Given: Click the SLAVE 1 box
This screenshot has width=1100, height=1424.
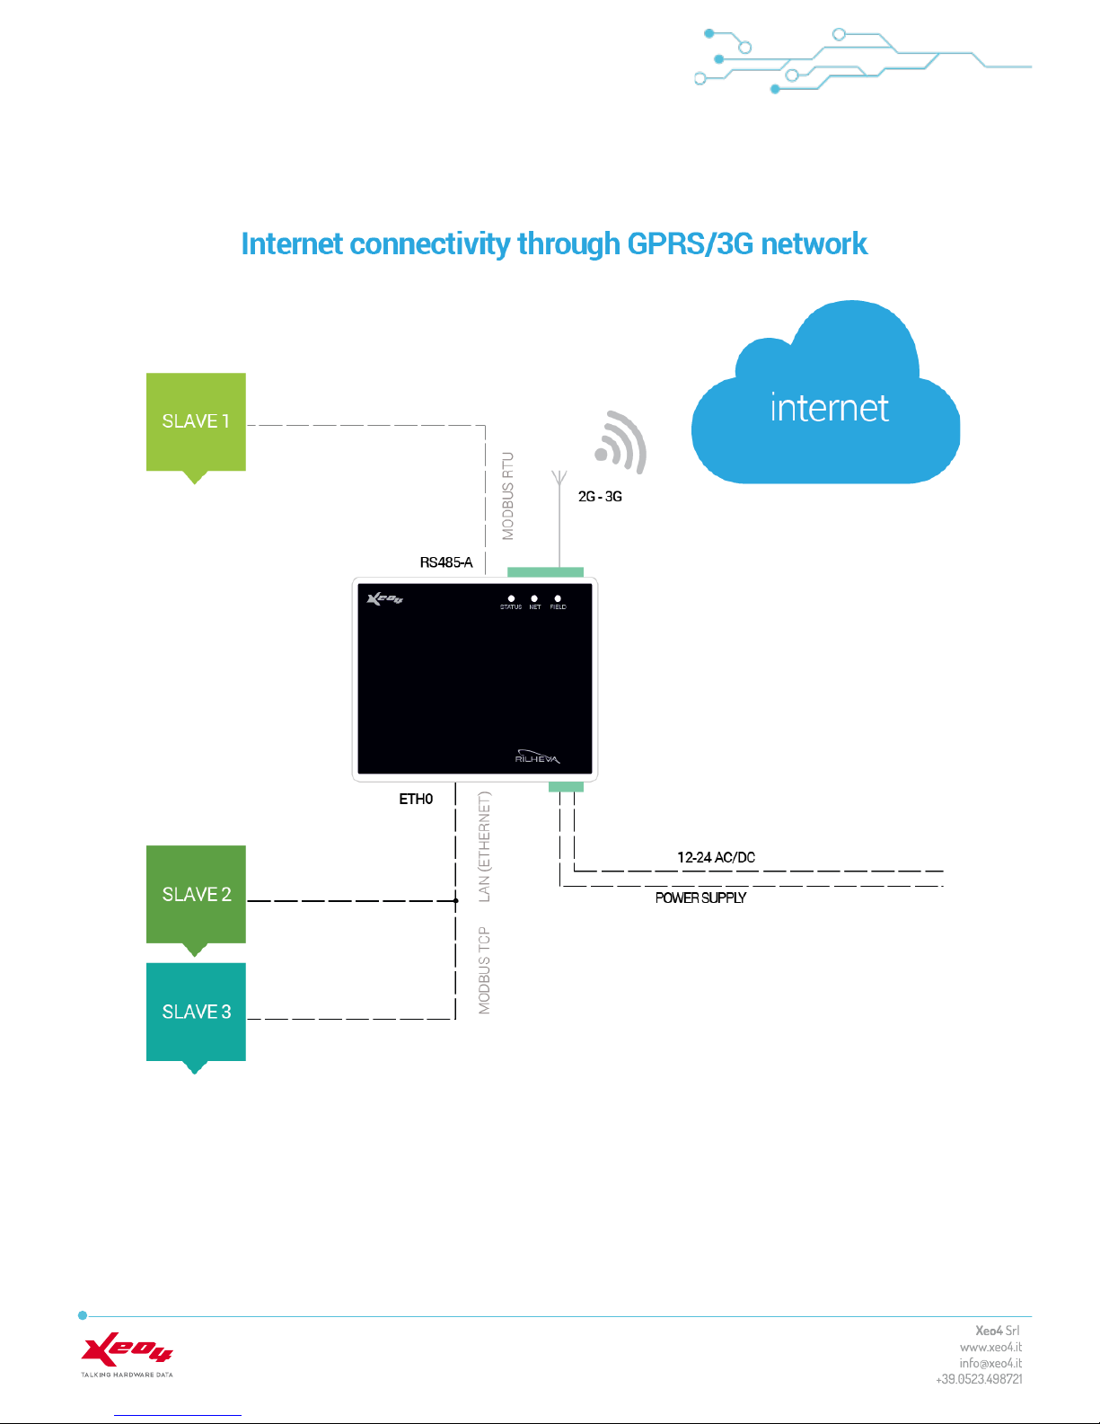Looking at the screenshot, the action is pyautogui.click(x=196, y=422).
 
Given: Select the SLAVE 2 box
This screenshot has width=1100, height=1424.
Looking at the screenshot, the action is pyautogui.click(x=196, y=895).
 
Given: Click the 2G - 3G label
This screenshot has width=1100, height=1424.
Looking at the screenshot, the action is pyautogui.click(x=600, y=497).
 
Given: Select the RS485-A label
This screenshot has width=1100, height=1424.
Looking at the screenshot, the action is pyautogui.click(x=446, y=562).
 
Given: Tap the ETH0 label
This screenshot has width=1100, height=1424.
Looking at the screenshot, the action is pyautogui.click(x=416, y=799).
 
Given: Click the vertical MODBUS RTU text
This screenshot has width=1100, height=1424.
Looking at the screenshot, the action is pyautogui.click(x=507, y=496).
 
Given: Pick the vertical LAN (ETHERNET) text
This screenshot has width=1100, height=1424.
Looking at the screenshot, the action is pyautogui.click(x=484, y=846).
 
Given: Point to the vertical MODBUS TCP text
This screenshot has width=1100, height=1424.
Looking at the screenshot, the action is pyautogui.click(x=484, y=970).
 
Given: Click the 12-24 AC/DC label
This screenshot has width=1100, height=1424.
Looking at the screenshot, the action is pyautogui.click(x=716, y=857).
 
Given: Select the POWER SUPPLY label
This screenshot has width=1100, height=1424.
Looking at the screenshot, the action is pyautogui.click(x=700, y=898).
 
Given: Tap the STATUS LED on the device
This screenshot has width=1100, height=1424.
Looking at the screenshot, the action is pyautogui.click(x=511, y=598).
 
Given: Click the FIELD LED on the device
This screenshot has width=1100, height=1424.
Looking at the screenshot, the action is pyautogui.click(x=558, y=598).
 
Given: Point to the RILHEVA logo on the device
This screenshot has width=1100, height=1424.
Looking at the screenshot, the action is pyautogui.click(x=537, y=756).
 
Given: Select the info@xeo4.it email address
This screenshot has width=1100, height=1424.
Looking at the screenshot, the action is pyautogui.click(x=990, y=1363).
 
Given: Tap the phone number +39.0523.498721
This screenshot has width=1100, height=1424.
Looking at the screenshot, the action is pyautogui.click(x=979, y=1379).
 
